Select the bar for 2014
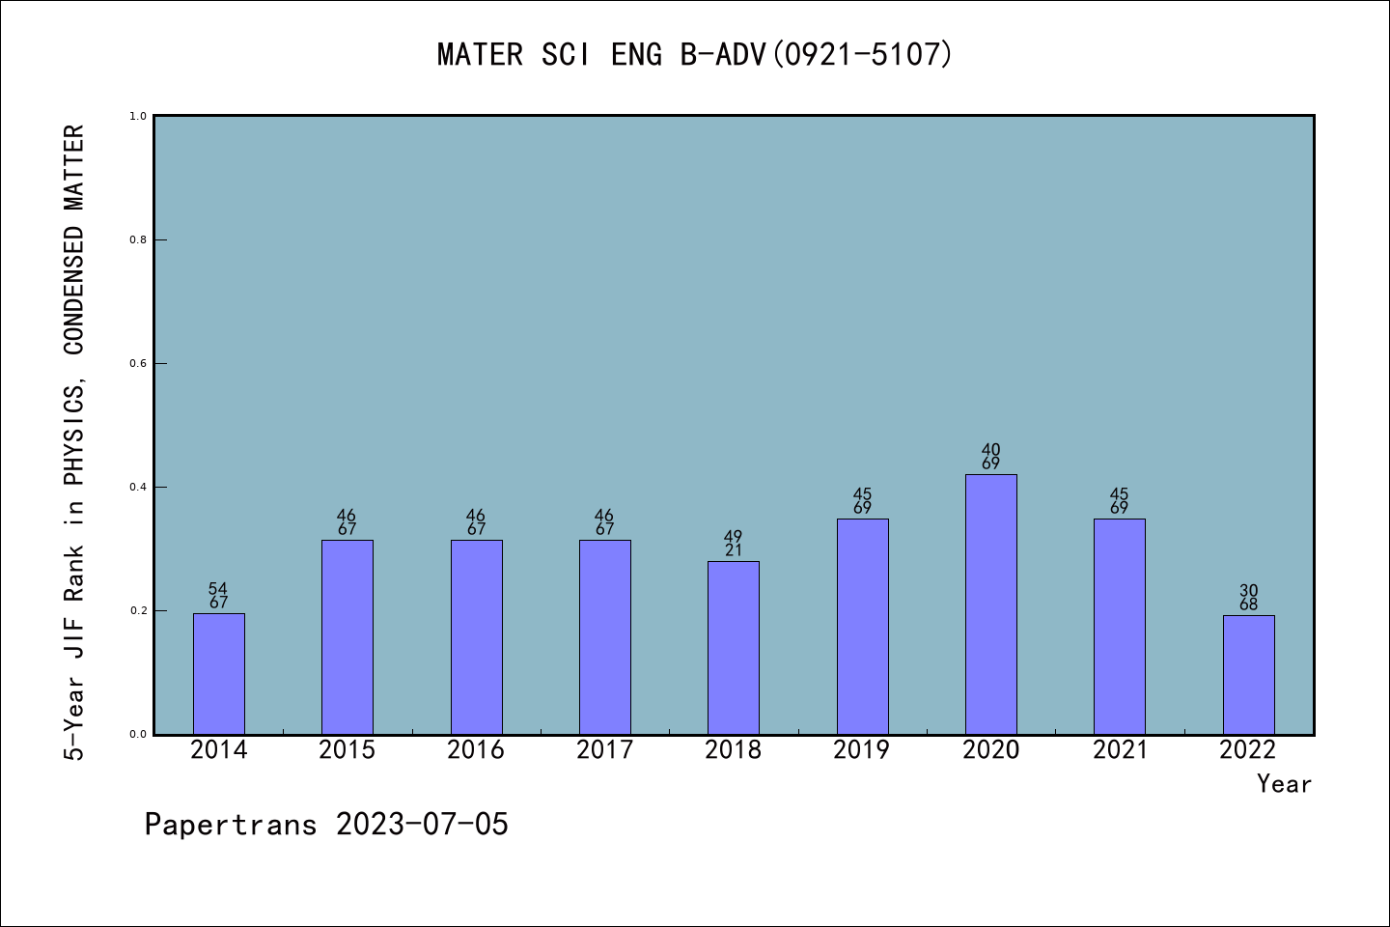tap(219, 673)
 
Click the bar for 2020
tap(990, 604)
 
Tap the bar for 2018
tap(734, 647)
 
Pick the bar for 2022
tap(1248, 674)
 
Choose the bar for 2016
tap(476, 636)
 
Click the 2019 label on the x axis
tap(862, 750)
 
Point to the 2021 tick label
tap(1120, 750)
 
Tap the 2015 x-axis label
tap(347, 750)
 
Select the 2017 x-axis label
tap(605, 750)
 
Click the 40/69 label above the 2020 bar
tap(990, 457)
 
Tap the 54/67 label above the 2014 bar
tap(219, 596)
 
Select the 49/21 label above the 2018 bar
tap(734, 544)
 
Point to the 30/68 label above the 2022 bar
tap(1248, 598)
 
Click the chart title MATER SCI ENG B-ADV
tap(695, 54)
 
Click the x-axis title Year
tap(1284, 784)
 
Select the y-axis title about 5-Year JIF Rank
tap(74, 442)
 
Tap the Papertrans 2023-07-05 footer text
tap(326, 825)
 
